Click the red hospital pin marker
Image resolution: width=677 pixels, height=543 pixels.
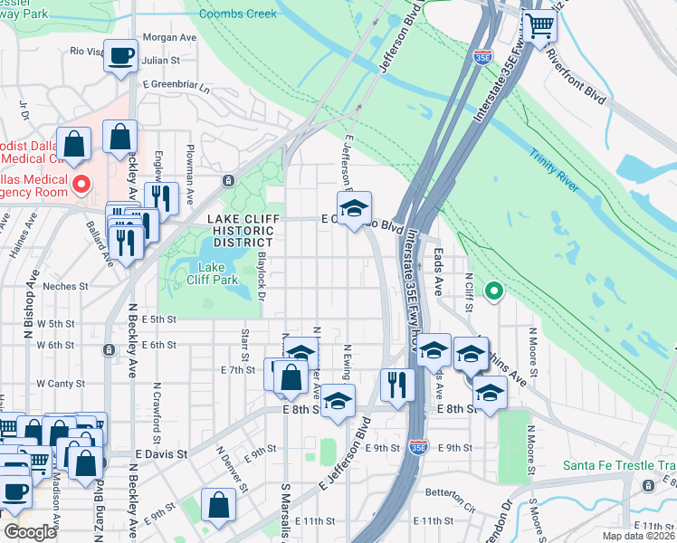tap(81, 185)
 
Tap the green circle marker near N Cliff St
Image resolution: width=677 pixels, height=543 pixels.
tap(493, 291)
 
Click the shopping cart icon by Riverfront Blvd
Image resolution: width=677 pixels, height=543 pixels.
tap(540, 27)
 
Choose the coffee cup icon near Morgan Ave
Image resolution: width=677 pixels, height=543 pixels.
tap(120, 56)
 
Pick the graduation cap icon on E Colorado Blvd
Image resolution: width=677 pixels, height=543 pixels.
tap(355, 207)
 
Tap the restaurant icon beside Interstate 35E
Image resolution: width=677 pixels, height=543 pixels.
tap(397, 385)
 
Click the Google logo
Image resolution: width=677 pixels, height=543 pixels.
tap(30, 531)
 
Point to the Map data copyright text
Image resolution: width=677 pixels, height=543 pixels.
tap(637, 536)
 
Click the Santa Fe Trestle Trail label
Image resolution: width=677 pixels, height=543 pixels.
tap(619, 466)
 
